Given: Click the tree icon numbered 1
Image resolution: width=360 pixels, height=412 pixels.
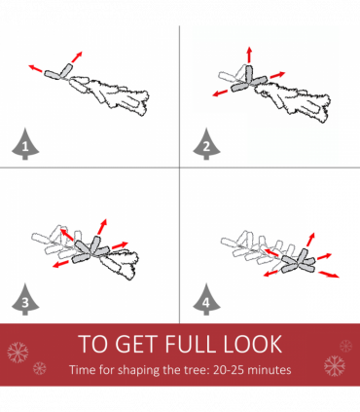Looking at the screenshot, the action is pos(25,144).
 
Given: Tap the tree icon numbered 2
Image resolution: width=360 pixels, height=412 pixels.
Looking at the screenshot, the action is pos(206,144).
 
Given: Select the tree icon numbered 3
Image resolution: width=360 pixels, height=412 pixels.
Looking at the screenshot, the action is pos(25,299).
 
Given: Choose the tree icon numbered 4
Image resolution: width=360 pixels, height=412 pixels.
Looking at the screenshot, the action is pos(206,299).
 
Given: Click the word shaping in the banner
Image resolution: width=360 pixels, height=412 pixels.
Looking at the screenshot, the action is pos(139,370).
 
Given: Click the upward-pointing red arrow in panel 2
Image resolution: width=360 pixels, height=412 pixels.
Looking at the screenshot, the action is pos(249,55).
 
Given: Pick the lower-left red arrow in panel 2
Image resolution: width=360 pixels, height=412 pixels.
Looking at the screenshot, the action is pos(220,94).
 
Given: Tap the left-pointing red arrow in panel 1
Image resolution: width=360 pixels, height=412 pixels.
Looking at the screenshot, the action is pos(35,68).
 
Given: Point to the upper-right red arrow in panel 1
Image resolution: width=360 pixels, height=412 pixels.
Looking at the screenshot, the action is pos(77,56).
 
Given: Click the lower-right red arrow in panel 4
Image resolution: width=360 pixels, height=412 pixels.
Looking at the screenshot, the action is pos(329,275).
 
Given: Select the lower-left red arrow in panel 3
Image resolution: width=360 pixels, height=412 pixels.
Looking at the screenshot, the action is pos(60,264).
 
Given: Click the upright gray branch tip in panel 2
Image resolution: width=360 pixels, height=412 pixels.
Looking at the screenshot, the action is pos(249,74).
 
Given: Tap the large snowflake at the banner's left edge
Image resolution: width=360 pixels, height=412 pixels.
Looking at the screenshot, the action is pos(18,352).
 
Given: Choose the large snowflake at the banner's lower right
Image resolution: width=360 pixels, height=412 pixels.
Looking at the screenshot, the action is pos(335,366).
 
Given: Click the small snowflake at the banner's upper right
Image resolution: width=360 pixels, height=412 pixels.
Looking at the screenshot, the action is pos(346,346).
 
